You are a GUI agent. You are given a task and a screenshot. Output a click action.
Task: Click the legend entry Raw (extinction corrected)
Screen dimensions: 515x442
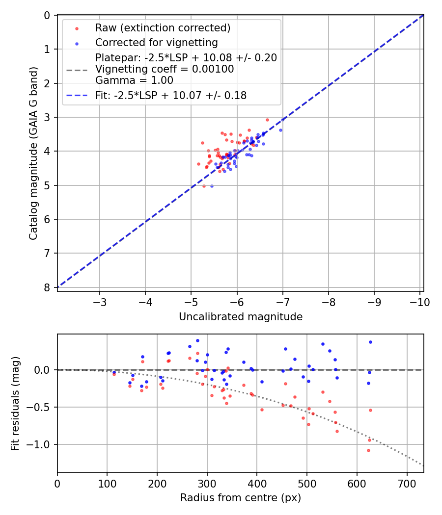point(163,28)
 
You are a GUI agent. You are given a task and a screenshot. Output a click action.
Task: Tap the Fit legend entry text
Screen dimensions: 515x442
point(171,96)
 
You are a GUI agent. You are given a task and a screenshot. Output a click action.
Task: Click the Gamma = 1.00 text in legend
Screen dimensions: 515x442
point(134,80)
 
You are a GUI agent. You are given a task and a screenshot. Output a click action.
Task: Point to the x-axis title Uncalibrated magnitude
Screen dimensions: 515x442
point(240,317)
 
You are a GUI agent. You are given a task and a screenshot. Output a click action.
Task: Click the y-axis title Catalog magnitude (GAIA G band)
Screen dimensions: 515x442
point(33,153)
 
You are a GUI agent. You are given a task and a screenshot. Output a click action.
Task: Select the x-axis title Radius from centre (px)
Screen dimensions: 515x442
point(240,498)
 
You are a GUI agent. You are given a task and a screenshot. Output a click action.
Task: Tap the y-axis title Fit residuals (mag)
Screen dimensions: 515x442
point(15,403)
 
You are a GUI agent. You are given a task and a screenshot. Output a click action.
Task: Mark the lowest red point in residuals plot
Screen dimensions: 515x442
point(368,450)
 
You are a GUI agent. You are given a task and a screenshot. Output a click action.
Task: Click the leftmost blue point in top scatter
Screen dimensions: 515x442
point(212,186)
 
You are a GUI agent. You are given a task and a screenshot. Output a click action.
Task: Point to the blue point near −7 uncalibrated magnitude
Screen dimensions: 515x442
point(280,130)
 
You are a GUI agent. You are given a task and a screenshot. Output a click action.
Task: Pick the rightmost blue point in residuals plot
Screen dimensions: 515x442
point(370,342)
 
